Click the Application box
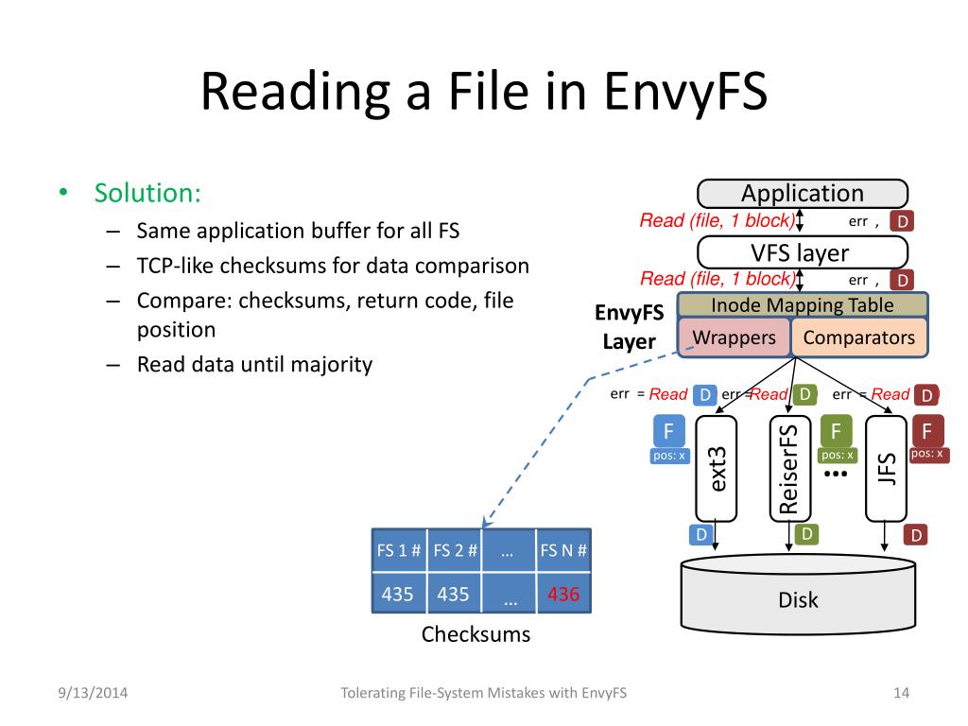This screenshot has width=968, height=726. (x=802, y=194)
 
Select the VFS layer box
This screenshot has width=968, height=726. (x=802, y=253)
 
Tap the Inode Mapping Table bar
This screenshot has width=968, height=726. (x=802, y=305)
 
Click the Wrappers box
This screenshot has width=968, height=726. (x=734, y=337)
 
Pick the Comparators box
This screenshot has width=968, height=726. (x=858, y=337)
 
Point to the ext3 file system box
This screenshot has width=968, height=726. (x=717, y=469)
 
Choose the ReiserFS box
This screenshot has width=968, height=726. (x=789, y=469)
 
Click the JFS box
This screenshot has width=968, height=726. (x=886, y=469)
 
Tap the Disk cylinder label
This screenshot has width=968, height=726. (x=798, y=600)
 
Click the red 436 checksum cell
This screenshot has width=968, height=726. (x=563, y=594)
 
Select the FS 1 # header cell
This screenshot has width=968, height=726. (x=399, y=550)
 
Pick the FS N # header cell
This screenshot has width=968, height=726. (x=563, y=550)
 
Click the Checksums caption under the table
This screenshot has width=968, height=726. (x=476, y=634)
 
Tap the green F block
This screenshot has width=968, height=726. (x=837, y=431)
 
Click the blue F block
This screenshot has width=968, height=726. (x=668, y=431)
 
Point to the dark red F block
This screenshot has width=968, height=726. (x=926, y=431)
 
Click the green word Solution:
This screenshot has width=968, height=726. (x=147, y=193)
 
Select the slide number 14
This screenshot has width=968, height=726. (x=901, y=693)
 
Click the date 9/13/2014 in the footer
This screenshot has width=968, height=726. (x=93, y=693)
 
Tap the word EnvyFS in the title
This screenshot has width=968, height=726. (x=685, y=91)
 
